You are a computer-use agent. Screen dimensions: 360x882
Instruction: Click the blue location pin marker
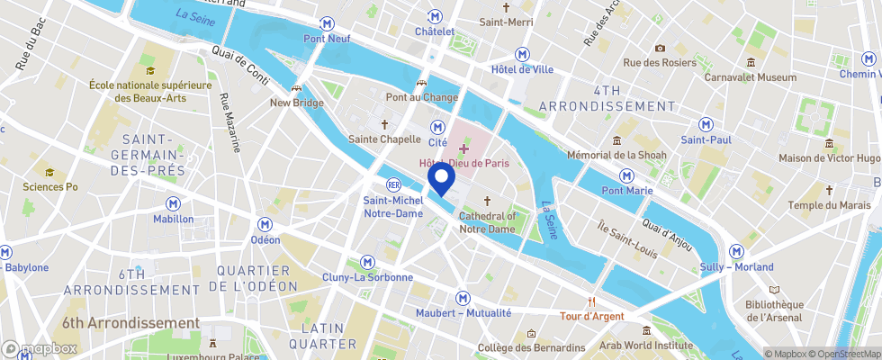(441, 179)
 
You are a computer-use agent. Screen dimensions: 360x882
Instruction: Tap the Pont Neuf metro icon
(325, 23)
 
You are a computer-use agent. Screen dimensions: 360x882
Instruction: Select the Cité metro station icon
(437, 127)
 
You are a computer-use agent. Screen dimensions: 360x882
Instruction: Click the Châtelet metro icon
(435, 16)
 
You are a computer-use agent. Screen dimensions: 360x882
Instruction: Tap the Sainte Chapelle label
(384, 139)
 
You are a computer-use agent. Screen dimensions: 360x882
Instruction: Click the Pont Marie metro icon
(625, 175)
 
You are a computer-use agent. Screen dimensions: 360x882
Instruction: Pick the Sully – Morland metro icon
(736, 251)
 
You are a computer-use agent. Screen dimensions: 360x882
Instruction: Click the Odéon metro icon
(265, 224)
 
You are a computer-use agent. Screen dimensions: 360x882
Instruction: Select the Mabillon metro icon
(172, 204)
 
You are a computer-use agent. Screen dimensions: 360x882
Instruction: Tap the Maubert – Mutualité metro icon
(463, 297)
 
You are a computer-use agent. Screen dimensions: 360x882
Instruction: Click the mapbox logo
(40, 348)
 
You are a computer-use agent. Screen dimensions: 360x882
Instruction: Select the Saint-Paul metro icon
(706, 124)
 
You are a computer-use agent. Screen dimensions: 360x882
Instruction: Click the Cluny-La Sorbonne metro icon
(367, 262)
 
